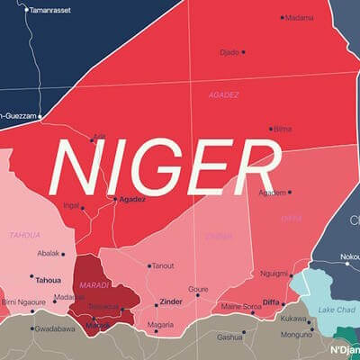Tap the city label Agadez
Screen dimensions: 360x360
tap(132, 199)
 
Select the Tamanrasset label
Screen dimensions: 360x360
tap(49, 10)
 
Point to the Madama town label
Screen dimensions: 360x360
tap(301, 17)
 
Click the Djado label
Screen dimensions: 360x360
tap(229, 52)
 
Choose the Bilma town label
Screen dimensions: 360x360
tap(283, 129)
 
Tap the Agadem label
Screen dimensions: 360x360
tap(272, 192)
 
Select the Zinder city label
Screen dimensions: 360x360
tap(170, 301)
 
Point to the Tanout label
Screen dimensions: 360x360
tap(163, 265)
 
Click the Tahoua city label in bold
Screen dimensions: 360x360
tap(48, 279)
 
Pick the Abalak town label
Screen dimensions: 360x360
tap(49, 254)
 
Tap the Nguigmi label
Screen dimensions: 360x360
tap(274, 274)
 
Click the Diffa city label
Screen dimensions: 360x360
tap(271, 303)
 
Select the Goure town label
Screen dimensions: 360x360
tap(198, 290)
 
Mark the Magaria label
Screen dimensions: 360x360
tap(160, 325)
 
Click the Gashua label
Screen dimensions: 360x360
tap(230, 337)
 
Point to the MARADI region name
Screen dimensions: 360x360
tap(95, 285)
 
